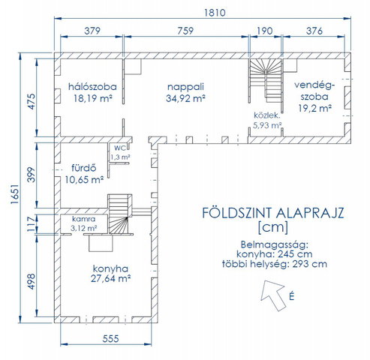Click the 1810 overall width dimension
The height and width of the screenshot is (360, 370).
click(x=215, y=13)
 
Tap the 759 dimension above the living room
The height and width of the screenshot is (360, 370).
click(x=185, y=31)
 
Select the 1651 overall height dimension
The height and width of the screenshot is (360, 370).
click(x=15, y=194)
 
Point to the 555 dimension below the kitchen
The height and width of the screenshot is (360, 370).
click(x=110, y=339)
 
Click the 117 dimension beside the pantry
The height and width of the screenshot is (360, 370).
click(x=32, y=223)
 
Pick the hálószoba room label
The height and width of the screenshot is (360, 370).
click(x=92, y=87)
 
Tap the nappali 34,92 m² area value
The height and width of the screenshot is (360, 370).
click(x=185, y=98)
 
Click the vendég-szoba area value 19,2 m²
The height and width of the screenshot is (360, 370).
click(x=315, y=108)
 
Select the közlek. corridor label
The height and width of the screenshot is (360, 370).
click(x=267, y=115)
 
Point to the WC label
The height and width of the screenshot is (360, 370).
click(x=120, y=148)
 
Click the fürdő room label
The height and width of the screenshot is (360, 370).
click(x=84, y=168)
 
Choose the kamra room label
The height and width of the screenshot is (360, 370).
click(x=84, y=219)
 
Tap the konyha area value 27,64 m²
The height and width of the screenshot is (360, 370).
click(x=110, y=278)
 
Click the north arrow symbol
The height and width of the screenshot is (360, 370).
click(x=273, y=295)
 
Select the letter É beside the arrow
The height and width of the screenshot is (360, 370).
click(x=291, y=296)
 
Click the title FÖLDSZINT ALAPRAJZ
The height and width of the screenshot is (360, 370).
click(x=273, y=213)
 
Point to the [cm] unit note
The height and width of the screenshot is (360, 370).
click(x=273, y=227)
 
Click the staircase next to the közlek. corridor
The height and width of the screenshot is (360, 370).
click(x=265, y=80)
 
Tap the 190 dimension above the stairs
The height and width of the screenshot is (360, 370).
click(x=265, y=31)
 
